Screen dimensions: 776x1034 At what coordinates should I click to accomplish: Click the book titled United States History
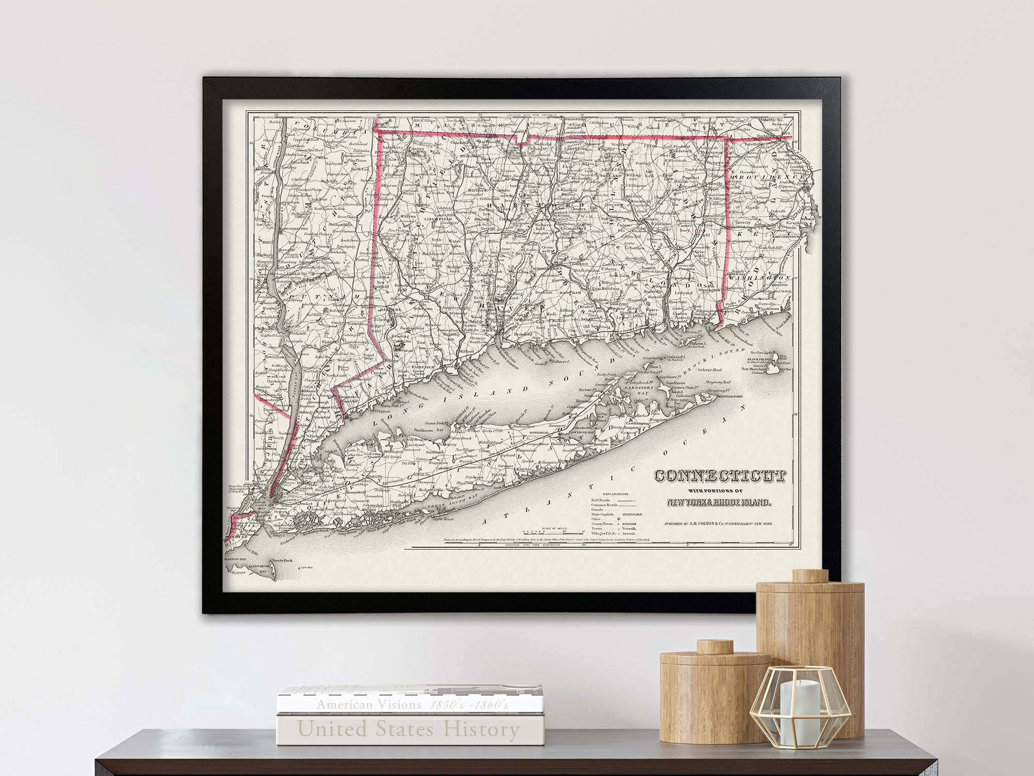tap(408, 730)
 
